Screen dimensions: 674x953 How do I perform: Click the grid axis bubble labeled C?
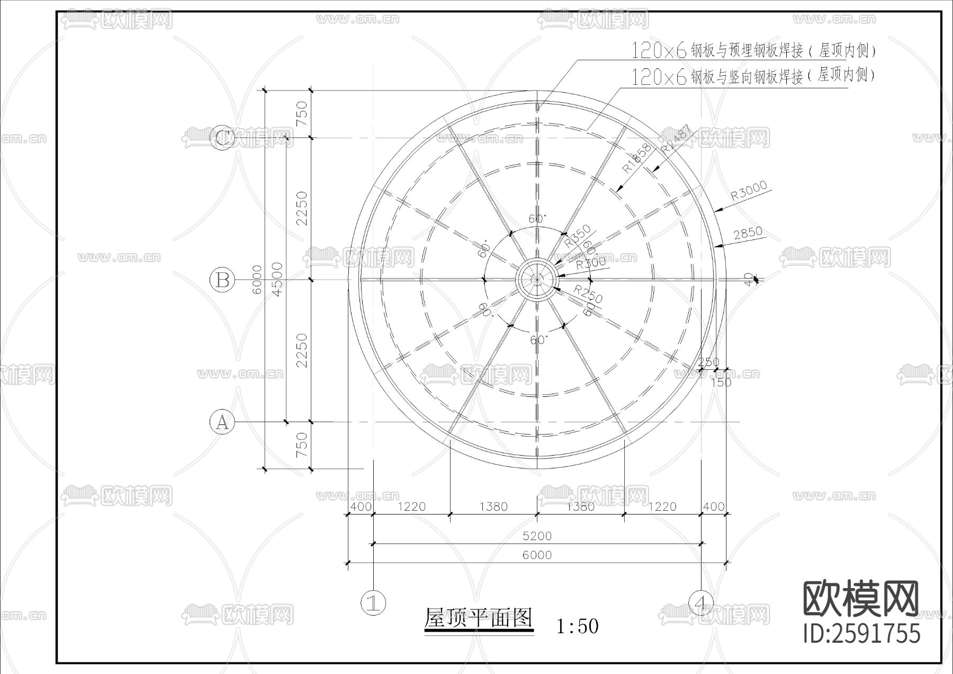pyautogui.click(x=222, y=139)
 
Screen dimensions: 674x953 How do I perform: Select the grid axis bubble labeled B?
pyautogui.click(x=222, y=279)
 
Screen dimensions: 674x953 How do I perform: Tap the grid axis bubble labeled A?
pyautogui.click(x=222, y=422)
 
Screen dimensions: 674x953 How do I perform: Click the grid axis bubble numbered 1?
pyautogui.click(x=373, y=602)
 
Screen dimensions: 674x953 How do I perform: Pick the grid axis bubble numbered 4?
pyautogui.click(x=702, y=602)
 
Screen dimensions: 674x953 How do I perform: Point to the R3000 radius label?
pyautogui.click(x=749, y=191)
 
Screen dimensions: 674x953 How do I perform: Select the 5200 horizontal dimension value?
pyautogui.click(x=537, y=536)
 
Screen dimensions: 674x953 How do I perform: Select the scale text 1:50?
pyautogui.click(x=578, y=626)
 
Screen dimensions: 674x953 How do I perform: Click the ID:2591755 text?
pyautogui.click(x=862, y=634)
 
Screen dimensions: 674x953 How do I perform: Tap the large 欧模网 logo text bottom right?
pyautogui.click(x=861, y=599)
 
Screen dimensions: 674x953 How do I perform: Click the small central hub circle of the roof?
pyautogui.click(x=537, y=279)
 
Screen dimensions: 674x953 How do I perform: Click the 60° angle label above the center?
pyautogui.click(x=537, y=218)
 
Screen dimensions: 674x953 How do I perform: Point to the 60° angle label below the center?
pyautogui.click(x=538, y=340)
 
